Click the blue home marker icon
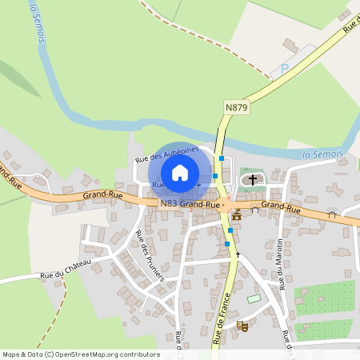pyautogui.click(x=179, y=173)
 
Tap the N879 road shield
pyautogui.click(x=236, y=106)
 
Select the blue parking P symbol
pyautogui.click(x=284, y=70)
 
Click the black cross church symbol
pyautogui.click(x=254, y=179)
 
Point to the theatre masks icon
pyautogui.click(x=242, y=325)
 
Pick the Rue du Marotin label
pyautogui.click(x=281, y=264)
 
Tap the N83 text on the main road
pyautogui.click(x=168, y=204)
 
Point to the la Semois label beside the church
pyautogui.click(x=323, y=154)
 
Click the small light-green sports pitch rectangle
pyautogui.click(x=254, y=298)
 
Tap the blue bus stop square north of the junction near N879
pyautogui.click(x=222, y=158)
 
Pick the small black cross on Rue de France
pyautogui.click(x=238, y=254)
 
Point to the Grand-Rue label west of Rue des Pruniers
pyautogui.click(x=102, y=194)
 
